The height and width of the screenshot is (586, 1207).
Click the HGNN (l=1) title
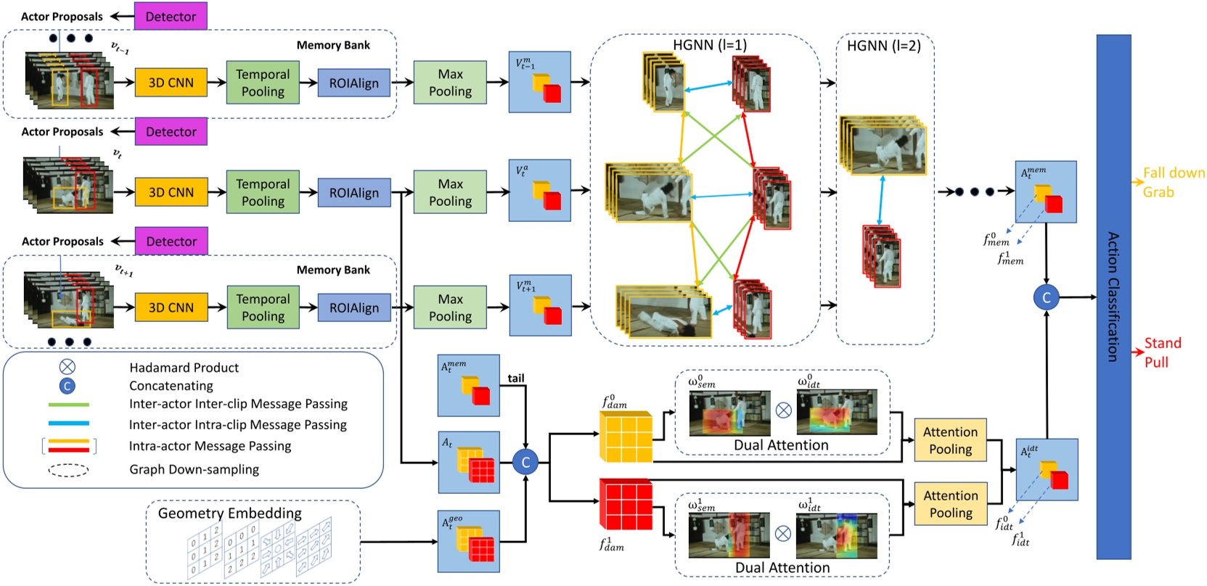coord(709,45)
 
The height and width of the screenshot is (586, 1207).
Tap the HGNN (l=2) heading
coord(883,46)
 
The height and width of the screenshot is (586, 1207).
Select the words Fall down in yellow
coord(1174,173)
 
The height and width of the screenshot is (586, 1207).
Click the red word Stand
coord(1163,343)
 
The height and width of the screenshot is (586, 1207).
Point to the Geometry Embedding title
coord(229,513)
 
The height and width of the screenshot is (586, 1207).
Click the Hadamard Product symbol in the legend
coord(67,367)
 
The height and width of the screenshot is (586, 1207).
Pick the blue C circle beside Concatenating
coord(67,386)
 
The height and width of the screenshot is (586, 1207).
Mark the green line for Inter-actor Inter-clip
coord(69,405)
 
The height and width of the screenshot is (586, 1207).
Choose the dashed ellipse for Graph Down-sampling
coord(69,470)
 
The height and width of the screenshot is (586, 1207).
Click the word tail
coord(516,378)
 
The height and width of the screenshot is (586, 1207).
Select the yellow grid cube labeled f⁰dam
coord(626,436)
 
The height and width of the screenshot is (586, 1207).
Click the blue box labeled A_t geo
coord(469,541)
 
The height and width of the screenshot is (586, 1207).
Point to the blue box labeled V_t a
coord(539,191)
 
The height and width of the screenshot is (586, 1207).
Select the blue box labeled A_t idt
coord(1047,469)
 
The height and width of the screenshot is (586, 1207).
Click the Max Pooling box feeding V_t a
coord(450,192)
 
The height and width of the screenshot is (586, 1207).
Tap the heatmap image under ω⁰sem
coord(729,413)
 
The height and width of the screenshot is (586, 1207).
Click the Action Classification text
coord(1113,297)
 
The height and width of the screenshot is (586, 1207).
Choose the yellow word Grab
coord(1158,192)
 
